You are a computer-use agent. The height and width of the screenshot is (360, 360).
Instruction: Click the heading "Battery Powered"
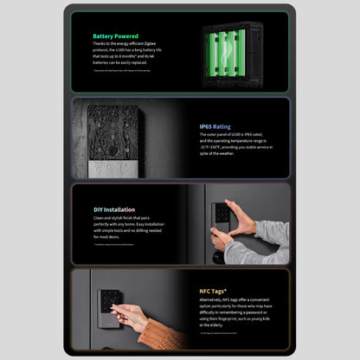click(x=114, y=36)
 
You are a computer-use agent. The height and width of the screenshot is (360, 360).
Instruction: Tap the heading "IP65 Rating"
click(x=214, y=126)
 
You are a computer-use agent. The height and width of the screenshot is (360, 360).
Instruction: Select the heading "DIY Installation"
click(x=114, y=209)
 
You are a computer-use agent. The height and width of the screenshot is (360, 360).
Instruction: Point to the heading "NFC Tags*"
click(x=212, y=292)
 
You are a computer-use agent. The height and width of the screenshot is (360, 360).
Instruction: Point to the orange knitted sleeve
click(x=164, y=334)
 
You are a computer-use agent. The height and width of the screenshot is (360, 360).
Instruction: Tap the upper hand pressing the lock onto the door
click(x=243, y=217)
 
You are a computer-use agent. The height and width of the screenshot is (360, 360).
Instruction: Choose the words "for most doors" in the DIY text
click(x=107, y=236)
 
